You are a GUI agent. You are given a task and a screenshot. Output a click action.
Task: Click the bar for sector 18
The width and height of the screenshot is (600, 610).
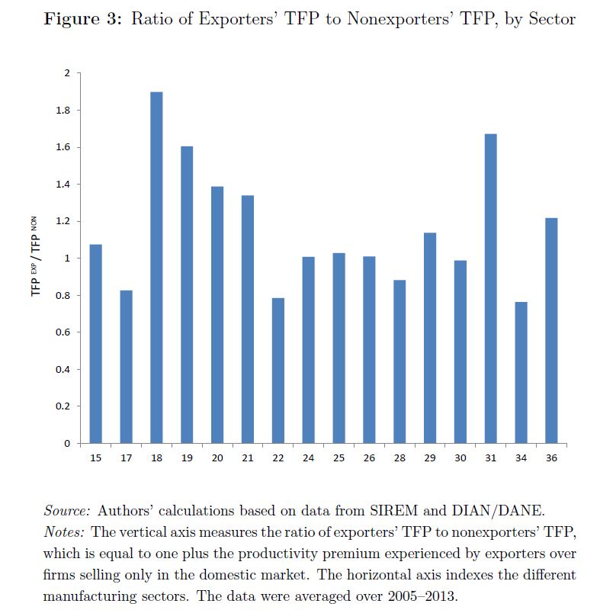click(x=156, y=267)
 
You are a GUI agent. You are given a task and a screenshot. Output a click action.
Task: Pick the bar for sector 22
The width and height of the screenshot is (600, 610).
click(x=278, y=370)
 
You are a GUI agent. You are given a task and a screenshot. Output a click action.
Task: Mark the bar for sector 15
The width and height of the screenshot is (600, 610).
click(x=95, y=343)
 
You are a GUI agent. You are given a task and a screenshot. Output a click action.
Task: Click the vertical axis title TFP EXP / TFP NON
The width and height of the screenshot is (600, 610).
click(x=35, y=257)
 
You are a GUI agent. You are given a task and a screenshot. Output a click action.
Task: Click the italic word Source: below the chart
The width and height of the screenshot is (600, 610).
click(x=68, y=509)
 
